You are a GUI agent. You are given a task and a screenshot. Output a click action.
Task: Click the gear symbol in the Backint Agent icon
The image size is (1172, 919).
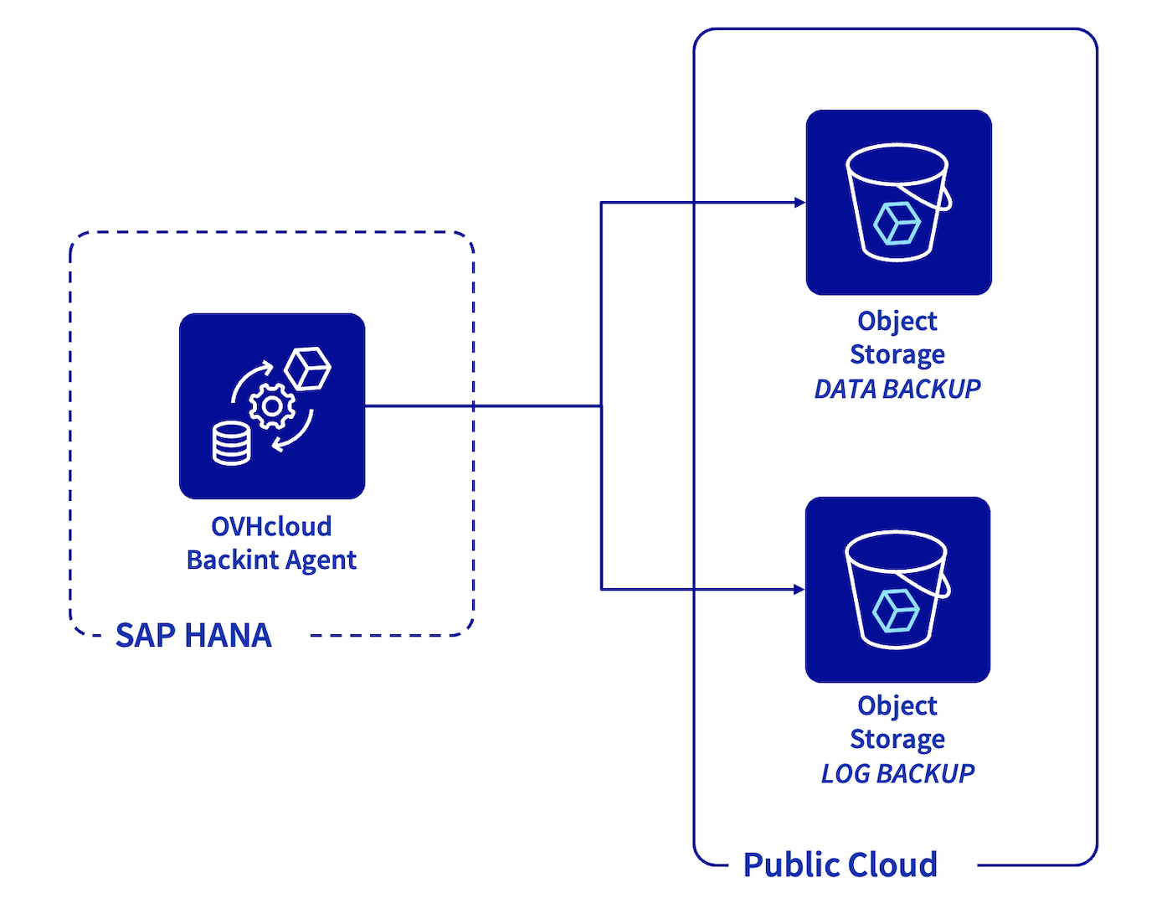[x=272, y=407]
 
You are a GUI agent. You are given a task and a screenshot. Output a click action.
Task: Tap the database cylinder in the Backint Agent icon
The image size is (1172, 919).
[x=231, y=443]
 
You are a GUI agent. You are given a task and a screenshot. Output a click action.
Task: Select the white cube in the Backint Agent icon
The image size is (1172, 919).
[x=307, y=369]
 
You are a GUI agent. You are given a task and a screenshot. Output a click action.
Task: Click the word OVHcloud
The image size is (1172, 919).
[x=271, y=526]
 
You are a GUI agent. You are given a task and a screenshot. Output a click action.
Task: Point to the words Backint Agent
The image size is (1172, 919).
[x=271, y=560]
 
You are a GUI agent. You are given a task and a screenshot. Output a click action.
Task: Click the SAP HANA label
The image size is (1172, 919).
[x=193, y=636]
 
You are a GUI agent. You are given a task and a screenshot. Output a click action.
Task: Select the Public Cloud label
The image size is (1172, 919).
[x=840, y=865]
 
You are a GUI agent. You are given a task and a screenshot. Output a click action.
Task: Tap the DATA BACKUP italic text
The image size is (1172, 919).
[x=897, y=389]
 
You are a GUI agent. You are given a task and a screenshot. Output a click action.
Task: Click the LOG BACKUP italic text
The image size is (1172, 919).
[x=897, y=773]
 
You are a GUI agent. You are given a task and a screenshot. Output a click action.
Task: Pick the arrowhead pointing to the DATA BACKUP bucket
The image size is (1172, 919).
[x=799, y=203]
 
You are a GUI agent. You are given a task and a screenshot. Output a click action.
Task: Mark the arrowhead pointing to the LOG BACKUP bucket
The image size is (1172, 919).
[x=799, y=590]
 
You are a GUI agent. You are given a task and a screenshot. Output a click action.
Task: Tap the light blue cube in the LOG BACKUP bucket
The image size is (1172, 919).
[x=896, y=611]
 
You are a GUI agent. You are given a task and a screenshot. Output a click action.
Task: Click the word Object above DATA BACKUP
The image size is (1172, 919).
[x=897, y=321]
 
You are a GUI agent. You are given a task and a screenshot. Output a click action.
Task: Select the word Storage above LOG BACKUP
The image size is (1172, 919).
[x=897, y=739]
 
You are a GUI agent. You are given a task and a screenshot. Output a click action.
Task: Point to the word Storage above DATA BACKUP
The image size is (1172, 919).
[x=897, y=354]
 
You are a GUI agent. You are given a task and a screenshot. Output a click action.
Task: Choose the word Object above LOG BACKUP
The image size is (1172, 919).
[x=897, y=705]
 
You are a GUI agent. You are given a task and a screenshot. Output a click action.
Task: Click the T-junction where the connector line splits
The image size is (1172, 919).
[x=601, y=406]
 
